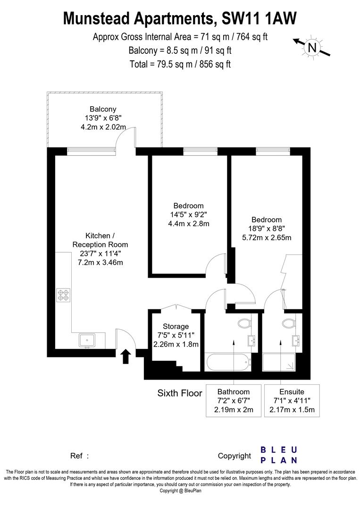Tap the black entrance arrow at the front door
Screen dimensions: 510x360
click(126, 356)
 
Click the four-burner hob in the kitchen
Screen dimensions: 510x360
click(63, 295)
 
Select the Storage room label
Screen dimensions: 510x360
click(176, 326)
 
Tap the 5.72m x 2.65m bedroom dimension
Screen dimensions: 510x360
click(266, 238)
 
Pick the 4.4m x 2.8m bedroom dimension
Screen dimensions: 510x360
click(188, 223)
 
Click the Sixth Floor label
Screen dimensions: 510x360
click(179, 393)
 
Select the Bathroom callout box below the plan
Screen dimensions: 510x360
click(233, 400)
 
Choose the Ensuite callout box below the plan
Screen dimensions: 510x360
click(292, 400)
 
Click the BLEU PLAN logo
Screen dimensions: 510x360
click(279, 455)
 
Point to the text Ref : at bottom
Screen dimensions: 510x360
click(79, 456)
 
